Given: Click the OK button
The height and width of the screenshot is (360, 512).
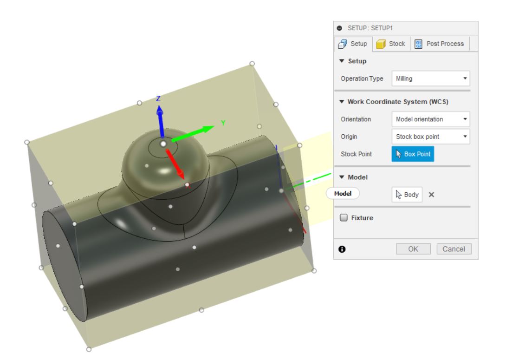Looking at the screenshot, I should [x=413, y=249].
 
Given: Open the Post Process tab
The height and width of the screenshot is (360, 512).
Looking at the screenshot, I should [x=439, y=44].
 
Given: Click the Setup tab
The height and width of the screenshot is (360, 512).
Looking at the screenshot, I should [x=352, y=44].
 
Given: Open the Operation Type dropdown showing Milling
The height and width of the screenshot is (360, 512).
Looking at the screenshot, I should [x=431, y=79].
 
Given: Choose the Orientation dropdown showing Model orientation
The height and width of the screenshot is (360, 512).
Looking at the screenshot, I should [x=431, y=119].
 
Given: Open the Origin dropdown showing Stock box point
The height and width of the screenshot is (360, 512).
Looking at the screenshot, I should [x=431, y=137].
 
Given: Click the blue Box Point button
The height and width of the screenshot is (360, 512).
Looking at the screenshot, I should [x=413, y=154].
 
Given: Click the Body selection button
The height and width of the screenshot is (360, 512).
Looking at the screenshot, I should [x=407, y=195].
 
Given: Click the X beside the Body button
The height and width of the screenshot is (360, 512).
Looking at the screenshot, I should [x=431, y=195].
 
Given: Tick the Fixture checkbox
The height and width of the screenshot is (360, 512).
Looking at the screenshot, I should [x=344, y=217].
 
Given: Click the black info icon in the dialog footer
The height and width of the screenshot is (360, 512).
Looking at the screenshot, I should [x=342, y=249].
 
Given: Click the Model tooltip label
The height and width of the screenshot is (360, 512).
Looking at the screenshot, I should [x=343, y=194].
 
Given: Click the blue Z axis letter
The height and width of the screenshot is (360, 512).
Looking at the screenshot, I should [x=158, y=98].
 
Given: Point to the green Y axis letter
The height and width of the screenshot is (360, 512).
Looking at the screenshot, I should [x=223, y=123].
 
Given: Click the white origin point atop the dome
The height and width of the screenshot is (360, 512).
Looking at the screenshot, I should [x=163, y=144].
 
